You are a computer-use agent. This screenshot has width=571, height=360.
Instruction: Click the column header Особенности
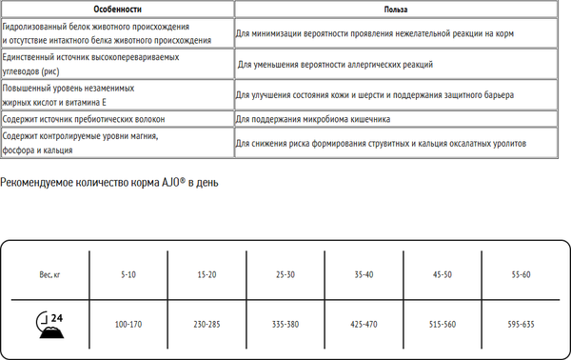point(118,9)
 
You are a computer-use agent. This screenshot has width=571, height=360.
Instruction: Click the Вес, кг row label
point(50,274)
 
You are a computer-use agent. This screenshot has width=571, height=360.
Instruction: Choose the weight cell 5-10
point(128,274)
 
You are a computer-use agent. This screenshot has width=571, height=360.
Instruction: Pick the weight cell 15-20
point(207,274)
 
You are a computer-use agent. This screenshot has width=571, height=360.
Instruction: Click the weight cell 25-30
point(285,274)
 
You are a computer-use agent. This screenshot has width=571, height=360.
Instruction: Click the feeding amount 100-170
point(128,325)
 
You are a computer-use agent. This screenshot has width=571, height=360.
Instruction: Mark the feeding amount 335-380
point(285,325)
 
